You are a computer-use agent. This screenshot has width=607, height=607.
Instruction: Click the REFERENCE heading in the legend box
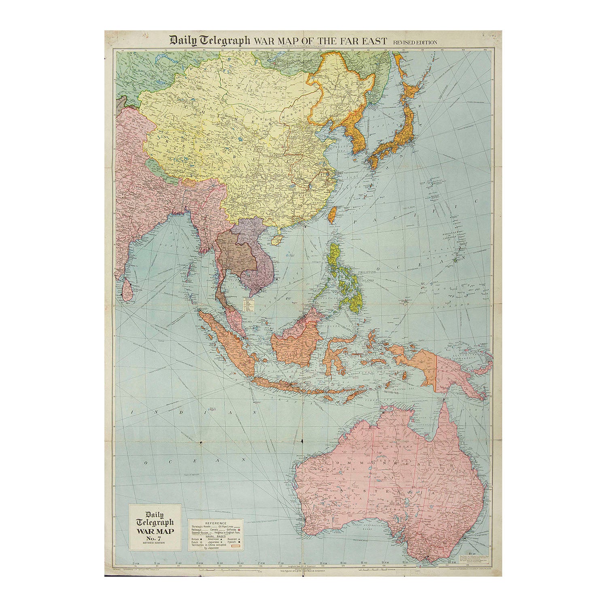point(216,523)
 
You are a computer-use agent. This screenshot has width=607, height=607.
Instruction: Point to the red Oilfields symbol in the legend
point(239,530)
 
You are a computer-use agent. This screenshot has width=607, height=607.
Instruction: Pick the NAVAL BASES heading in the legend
point(216,536)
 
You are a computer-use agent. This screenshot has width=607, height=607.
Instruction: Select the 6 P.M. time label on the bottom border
point(200,563)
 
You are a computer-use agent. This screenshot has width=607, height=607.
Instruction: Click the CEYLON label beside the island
point(132,290)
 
